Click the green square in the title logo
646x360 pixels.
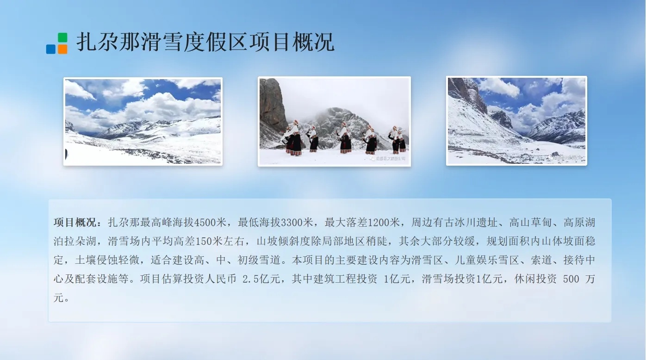pyautogui.click(x=62, y=37)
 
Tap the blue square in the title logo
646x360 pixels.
pyautogui.click(x=51, y=49)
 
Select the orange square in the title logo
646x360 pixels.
pyautogui.click(x=62, y=49)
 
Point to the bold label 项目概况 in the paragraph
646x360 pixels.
pyautogui.click(x=75, y=223)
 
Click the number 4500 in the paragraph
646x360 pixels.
pyautogui.click(x=205, y=223)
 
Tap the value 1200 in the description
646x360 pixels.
pyautogui.click(x=379, y=223)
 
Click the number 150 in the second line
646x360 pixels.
pyautogui.click(x=204, y=241)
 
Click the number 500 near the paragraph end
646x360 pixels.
pyautogui.click(x=571, y=279)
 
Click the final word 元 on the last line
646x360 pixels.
pyautogui.click(x=59, y=298)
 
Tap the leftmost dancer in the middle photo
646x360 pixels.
pyautogui.click(x=293, y=138)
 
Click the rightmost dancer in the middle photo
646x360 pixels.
pyautogui.click(x=402, y=141)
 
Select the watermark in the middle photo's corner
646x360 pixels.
pyautogui.click(x=388, y=158)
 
